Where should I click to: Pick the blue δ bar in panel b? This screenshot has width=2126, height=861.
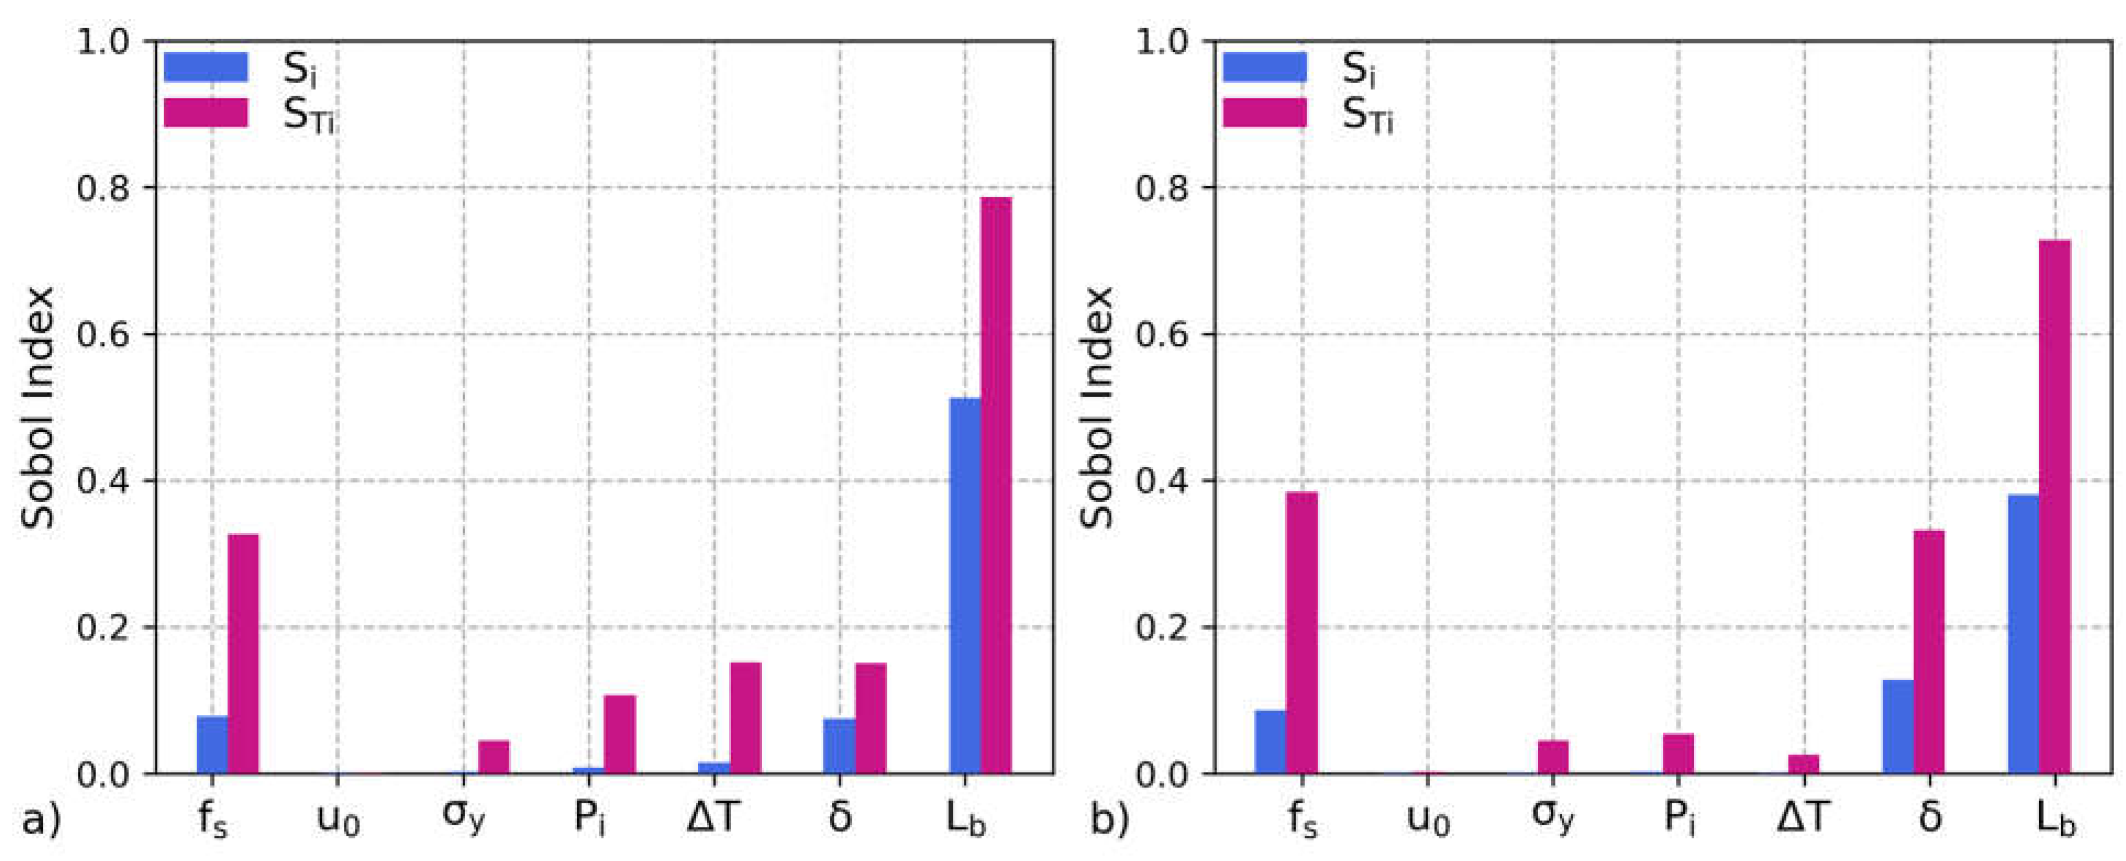(1898, 726)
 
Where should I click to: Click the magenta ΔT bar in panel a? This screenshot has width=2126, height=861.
(745, 718)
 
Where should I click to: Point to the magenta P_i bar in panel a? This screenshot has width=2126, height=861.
(620, 734)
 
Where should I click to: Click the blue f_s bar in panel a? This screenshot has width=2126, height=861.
(212, 744)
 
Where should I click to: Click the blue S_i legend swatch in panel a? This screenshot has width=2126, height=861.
(205, 68)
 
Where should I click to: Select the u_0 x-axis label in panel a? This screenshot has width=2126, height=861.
(338, 820)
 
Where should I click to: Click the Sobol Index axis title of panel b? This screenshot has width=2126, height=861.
(1098, 407)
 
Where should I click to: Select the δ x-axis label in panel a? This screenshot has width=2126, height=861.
(839, 817)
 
